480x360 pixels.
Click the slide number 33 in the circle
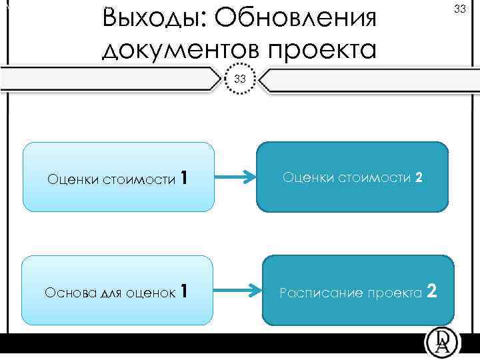coord(240,79)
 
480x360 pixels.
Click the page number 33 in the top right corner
coord(459,9)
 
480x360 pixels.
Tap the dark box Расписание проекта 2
coord(359,291)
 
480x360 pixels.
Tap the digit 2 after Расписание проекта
coord(432,291)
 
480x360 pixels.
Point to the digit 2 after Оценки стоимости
coord(419,178)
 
